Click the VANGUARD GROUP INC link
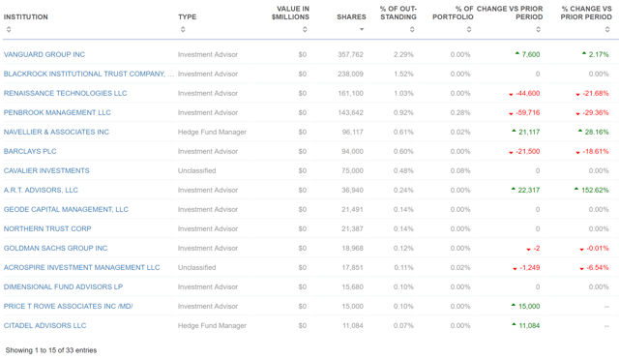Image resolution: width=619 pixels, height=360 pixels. (44, 54)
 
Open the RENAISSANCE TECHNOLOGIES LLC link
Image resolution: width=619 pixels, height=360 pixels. (65, 93)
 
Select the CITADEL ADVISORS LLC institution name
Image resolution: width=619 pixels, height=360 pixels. (44, 325)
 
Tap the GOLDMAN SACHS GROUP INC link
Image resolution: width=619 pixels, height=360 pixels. (55, 248)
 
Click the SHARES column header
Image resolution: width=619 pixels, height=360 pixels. (351, 17)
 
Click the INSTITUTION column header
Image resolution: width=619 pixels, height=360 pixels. (26, 17)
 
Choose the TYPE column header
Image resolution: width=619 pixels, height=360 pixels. (187, 17)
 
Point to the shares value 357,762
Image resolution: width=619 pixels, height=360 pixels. (350, 54)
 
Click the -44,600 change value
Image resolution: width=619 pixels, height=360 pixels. (526, 93)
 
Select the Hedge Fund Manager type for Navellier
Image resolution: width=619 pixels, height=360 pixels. (212, 132)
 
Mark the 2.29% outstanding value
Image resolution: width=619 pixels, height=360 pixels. (403, 54)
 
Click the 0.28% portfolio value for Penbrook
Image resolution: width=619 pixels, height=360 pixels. (460, 112)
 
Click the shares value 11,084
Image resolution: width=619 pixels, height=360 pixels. (352, 325)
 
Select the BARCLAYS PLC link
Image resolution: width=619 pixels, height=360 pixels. (30, 151)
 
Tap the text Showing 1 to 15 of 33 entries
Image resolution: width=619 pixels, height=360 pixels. (51, 349)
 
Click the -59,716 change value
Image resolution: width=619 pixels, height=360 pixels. (526, 112)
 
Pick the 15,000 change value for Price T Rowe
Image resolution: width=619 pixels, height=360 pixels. (528, 306)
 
